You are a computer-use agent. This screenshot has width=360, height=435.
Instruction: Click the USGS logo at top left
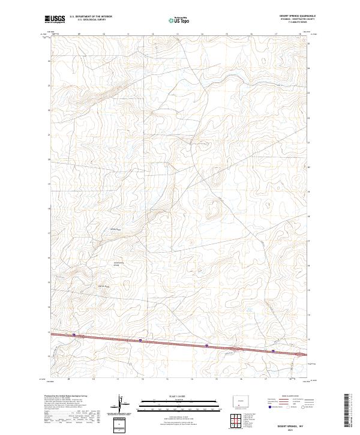tap(55, 20)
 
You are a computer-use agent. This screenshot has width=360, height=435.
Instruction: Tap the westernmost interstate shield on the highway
tap(74, 335)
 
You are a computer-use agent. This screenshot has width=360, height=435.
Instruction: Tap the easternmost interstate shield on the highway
tap(273, 352)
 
